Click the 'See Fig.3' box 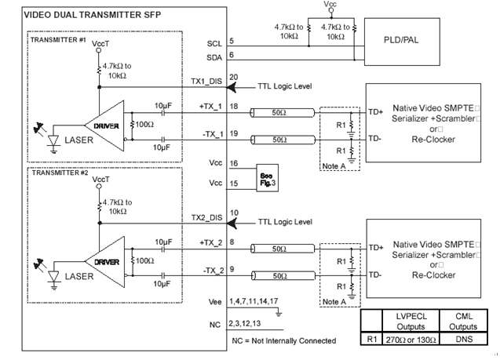(266, 176)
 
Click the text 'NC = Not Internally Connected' (284, 340)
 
